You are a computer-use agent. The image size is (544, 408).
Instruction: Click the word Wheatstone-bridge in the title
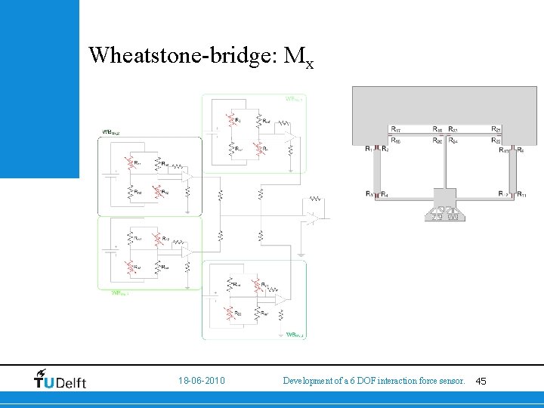coord(182,55)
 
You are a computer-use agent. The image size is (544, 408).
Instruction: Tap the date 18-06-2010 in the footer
coord(202,382)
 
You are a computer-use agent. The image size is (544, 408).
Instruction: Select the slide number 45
coord(481,382)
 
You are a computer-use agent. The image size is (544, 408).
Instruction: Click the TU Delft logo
coord(60,379)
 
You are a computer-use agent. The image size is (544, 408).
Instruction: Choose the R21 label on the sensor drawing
coord(497,129)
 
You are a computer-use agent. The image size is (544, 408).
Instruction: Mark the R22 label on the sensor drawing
coord(497,140)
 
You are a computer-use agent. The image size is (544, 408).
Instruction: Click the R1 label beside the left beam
coord(369,150)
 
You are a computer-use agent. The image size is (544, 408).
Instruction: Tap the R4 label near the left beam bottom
coord(385,195)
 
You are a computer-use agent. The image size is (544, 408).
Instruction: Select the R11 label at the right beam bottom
coord(521,195)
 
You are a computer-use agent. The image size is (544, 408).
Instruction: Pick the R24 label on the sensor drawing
coord(454,140)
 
